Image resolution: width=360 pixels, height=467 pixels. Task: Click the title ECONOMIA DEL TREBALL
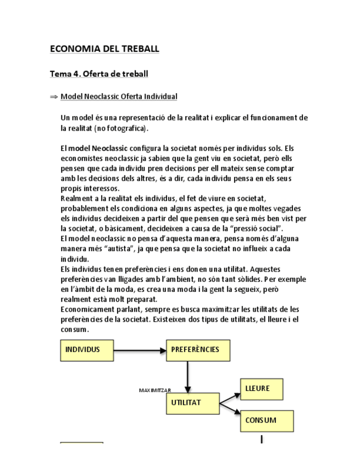coord(104,49)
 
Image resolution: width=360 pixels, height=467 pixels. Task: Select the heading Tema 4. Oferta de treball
coord(99,73)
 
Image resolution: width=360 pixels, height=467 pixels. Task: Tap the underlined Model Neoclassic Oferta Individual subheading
coord(119,97)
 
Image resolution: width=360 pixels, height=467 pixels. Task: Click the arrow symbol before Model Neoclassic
coord(53,97)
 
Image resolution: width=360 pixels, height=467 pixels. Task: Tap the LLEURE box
coord(262,389)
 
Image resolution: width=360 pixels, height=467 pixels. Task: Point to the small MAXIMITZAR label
coord(155,390)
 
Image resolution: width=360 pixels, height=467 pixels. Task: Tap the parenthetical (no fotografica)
coord(121,128)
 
